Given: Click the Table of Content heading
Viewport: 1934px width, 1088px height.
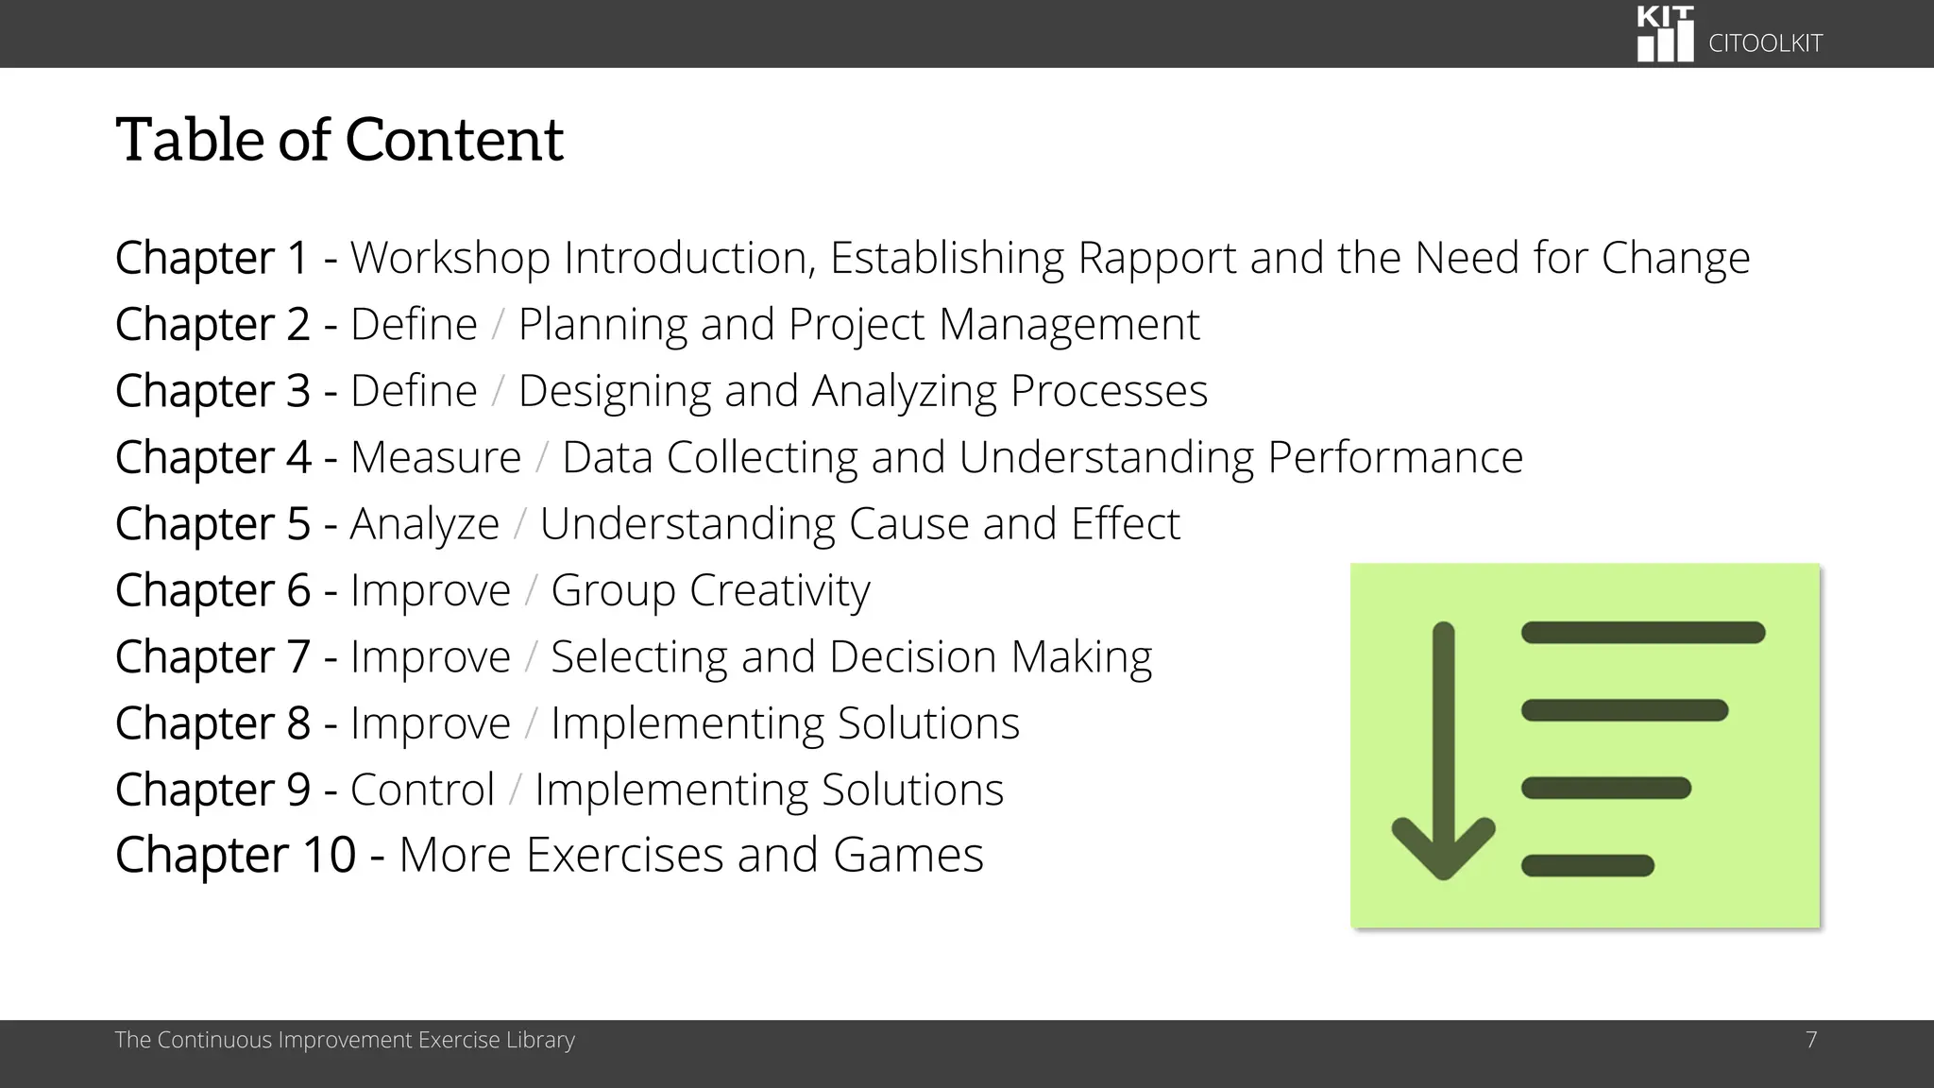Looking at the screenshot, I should [339, 140].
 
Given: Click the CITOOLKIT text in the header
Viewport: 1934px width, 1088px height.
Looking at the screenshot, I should [1765, 43].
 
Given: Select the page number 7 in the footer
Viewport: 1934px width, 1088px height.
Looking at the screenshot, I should [1811, 1040].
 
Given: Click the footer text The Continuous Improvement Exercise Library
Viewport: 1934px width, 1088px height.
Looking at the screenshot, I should [345, 1040].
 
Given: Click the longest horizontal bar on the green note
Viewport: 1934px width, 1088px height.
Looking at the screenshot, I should [1643, 633].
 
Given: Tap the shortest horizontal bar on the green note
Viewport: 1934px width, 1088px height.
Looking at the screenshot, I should [1587, 865].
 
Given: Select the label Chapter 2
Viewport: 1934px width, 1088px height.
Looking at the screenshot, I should [212, 325].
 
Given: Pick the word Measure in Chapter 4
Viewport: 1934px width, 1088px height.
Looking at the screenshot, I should [435, 458].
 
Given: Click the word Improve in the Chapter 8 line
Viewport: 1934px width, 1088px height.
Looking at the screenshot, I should [430, 724].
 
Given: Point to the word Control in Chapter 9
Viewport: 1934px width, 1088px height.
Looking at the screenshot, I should [422, 790].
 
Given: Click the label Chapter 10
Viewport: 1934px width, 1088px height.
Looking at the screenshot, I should [235, 856].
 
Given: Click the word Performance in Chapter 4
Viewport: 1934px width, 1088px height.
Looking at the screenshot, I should [1395, 458].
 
